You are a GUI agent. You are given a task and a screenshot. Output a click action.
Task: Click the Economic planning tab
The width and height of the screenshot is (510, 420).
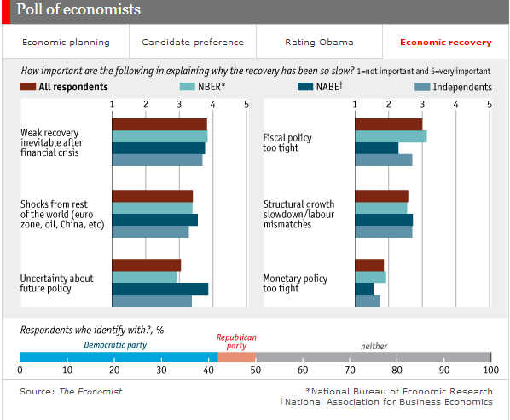pyautogui.click(x=66, y=42)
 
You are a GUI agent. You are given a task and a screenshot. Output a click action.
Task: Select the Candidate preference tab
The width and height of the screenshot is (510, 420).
pyautogui.click(x=193, y=42)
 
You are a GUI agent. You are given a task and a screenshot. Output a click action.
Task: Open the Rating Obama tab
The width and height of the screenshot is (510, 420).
pyautogui.click(x=319, y=42)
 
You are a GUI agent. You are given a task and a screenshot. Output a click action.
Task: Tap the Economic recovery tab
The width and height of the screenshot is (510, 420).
pyautogui.click(x=445, y=42)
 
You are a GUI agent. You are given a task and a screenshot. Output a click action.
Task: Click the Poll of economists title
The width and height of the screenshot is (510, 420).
pyautogui.click(x=78, y=10)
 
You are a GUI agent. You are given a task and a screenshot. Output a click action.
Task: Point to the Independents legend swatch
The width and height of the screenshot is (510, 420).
pyautogui.click(x=421, y=87)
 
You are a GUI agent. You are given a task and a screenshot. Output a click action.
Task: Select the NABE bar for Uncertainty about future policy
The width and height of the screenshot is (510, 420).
pyautogui.click(x=160, y=289)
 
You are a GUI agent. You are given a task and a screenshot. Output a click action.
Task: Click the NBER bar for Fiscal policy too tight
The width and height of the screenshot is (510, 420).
pyautogui.click(x=390, y=136)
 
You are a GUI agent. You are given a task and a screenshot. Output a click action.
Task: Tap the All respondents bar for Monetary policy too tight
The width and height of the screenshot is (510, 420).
pyautogui.click(x=368, y=265)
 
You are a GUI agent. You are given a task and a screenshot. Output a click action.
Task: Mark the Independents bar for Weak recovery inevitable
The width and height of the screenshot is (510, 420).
pyautogui.click(x=157, y=160)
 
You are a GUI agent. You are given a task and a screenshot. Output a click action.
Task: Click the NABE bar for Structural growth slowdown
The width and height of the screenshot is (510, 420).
pyautogui.click(x=383, y=220)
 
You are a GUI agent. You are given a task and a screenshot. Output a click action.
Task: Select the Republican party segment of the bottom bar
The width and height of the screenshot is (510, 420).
pyautogui.click(x=236, y=357)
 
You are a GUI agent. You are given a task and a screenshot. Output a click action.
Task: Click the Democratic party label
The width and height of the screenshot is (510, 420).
pyautogui.click(x=114, y=345)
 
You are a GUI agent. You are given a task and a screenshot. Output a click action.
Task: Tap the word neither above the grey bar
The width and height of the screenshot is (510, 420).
pyautogui.click(x=374, y=345)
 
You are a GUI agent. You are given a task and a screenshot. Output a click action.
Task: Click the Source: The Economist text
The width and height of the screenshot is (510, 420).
pyautogui.click(x=71, y=392)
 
